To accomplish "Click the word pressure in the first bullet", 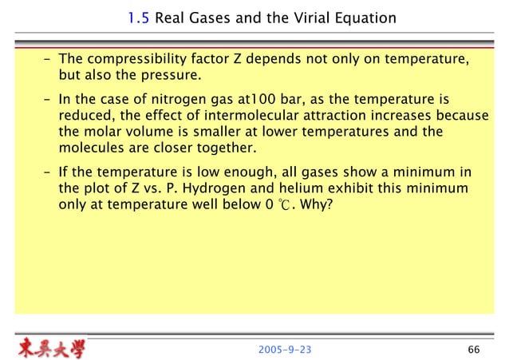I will point(157,77).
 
